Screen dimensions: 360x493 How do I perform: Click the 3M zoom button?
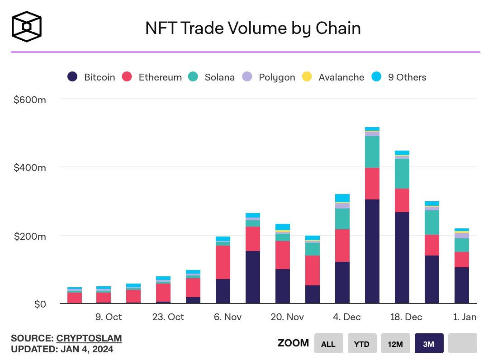(429, 344)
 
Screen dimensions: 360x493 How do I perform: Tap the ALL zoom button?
(328, 344)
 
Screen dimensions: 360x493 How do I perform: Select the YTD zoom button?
(362, 344)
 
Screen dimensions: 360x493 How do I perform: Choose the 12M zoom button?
(395, 344)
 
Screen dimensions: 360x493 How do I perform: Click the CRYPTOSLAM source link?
(89, 338)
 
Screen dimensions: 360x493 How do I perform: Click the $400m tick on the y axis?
(30, 167)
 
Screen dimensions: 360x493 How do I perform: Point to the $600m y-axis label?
(30, 99)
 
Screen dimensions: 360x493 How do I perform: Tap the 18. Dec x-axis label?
(406, 317)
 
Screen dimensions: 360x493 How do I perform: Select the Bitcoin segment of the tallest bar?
(372, 251)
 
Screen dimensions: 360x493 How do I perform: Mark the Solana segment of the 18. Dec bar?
(402, 174)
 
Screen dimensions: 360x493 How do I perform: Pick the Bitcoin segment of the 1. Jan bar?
(462, 285)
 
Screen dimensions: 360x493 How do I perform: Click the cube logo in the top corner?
(27, 27)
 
